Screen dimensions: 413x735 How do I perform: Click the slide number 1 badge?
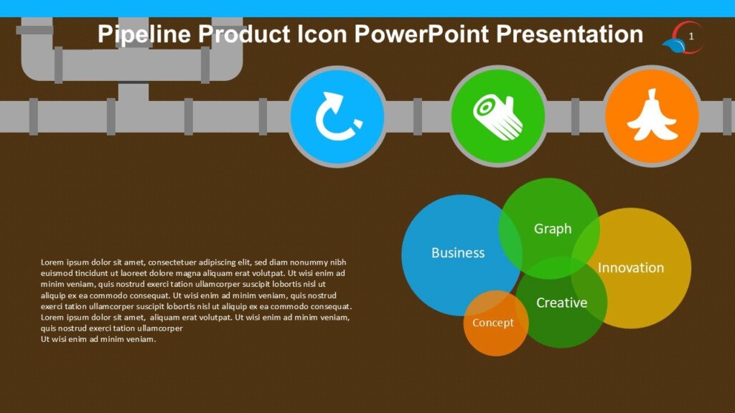pyautogui.click(x=690, y=36)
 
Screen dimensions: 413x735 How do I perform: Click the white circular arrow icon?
pyautogui.click(x=337, y=116)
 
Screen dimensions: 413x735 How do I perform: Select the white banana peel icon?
pyautogui.click(x=652, y=116)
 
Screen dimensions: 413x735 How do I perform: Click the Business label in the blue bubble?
pyautogui.click(x=458, y=253)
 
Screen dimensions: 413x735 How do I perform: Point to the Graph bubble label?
pyautogui.click(x=553, y=229)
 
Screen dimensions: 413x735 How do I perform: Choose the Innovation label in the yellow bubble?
pyautogui.click(x=631, y=268)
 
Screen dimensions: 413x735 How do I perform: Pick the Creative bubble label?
pyautogui.click(x=561, y=303)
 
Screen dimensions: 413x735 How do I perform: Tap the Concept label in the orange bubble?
pyautogui.click(x=492, y=323)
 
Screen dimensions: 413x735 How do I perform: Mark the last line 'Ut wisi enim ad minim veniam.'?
pyautogui.click(x=98, y=339)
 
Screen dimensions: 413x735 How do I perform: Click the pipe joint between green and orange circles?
pyautogui.click(x=575, y=117)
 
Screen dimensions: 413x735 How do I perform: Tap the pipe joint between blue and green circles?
pyautogui.click(x=418, y=117)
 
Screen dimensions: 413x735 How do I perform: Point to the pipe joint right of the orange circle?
pyautogui.click(x=726, y=117)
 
